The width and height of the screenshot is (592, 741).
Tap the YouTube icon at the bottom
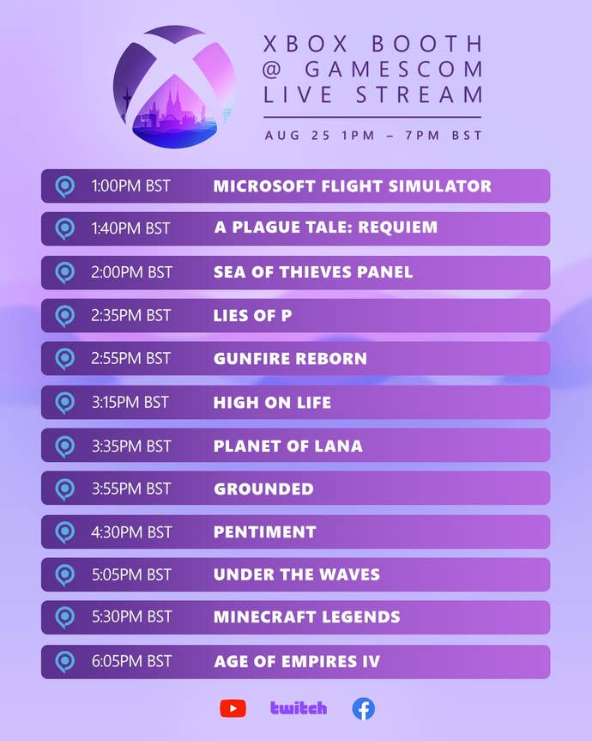(x=233, y=708)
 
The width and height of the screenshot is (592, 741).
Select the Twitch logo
(x=299, y=708)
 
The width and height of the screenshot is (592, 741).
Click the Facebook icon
(x=364, y=708)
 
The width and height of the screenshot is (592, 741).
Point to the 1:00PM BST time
(x=130, y=186)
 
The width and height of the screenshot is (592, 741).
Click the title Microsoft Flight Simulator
(x=352, y=186)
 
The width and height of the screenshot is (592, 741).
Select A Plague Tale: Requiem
(x=325, y=228)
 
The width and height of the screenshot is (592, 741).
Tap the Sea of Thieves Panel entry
(x=313, y=272)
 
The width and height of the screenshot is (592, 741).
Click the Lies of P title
(x=252, y=316)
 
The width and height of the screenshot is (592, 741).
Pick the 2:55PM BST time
(x=130, y=359)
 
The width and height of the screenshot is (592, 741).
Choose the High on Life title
(x=272, y=403)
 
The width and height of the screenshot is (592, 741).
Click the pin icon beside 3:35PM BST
(x=65, y=446)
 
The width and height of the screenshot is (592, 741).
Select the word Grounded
(x=263, y=489)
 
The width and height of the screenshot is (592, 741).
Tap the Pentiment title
(x=264, y=532)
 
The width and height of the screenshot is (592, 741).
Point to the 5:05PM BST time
(x=131, y=575)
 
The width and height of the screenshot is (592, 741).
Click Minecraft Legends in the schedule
(x=306, y=617)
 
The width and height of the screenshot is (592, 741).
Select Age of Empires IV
(x=296, y=662)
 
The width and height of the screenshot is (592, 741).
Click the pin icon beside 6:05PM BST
(x=65, y=661)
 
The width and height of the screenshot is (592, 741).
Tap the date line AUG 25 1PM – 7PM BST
(x=373, y=136)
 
